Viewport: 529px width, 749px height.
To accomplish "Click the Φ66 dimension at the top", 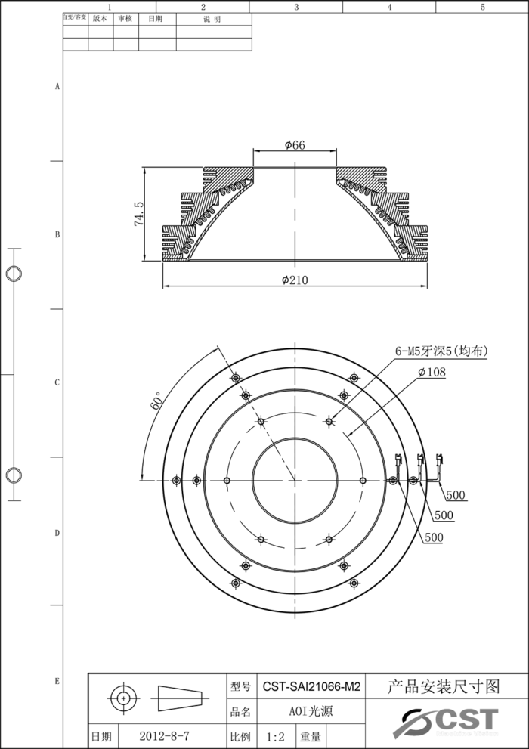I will [295, 145].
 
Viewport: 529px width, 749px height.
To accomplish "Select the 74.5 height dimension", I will [139, 214].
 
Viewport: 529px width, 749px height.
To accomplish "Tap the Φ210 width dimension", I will [295, 280].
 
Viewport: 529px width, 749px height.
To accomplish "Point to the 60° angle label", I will [157, 401].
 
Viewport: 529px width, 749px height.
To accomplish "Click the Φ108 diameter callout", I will [432, 371].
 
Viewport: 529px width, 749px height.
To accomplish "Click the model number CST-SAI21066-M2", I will [311, 688].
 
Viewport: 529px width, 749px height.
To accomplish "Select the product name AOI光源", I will [311, 711].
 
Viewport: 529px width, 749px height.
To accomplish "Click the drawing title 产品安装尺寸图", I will [444, 687].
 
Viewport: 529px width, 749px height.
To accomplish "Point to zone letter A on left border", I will [57, 87].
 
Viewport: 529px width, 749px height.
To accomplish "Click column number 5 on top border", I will [482, 7].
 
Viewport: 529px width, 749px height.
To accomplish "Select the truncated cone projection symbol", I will [180, 698].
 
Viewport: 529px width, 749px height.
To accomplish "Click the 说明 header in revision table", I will [213, 20].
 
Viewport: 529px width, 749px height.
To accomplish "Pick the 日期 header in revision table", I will [156, 20].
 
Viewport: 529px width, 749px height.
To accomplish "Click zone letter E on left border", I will [57, 681].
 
